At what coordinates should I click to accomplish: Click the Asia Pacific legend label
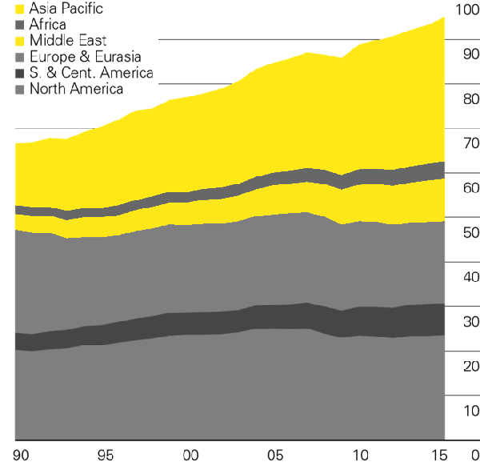pos(66,9)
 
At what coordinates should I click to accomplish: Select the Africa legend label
pos(47,25)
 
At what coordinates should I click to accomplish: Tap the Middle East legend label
pos(68,41)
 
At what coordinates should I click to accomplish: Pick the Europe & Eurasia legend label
pos(86,57)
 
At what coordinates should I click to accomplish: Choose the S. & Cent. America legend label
pos(91,73)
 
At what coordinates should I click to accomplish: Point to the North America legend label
pos(77,89)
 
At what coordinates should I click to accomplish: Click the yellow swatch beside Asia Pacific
pos(19,9)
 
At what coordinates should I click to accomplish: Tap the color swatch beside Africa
pos(19,25)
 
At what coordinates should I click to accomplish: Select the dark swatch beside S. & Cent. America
pos(19,74)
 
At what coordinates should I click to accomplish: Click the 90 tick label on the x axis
pos(21,456)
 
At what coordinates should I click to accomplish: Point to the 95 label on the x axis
pos(106,456)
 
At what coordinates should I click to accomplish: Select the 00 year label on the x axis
pos(190,456)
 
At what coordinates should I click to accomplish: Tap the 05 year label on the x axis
pos(275,456)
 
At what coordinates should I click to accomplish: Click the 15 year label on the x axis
pos(439,456)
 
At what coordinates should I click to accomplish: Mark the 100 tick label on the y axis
pos(467,10)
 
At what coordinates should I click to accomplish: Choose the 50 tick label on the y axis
pos(471,233)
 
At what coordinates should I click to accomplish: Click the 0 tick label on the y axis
pos(475,456)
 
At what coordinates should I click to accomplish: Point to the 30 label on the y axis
pos(471,322)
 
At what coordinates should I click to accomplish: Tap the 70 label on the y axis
pos(471,143)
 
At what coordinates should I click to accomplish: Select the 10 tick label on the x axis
pos(361,456)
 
